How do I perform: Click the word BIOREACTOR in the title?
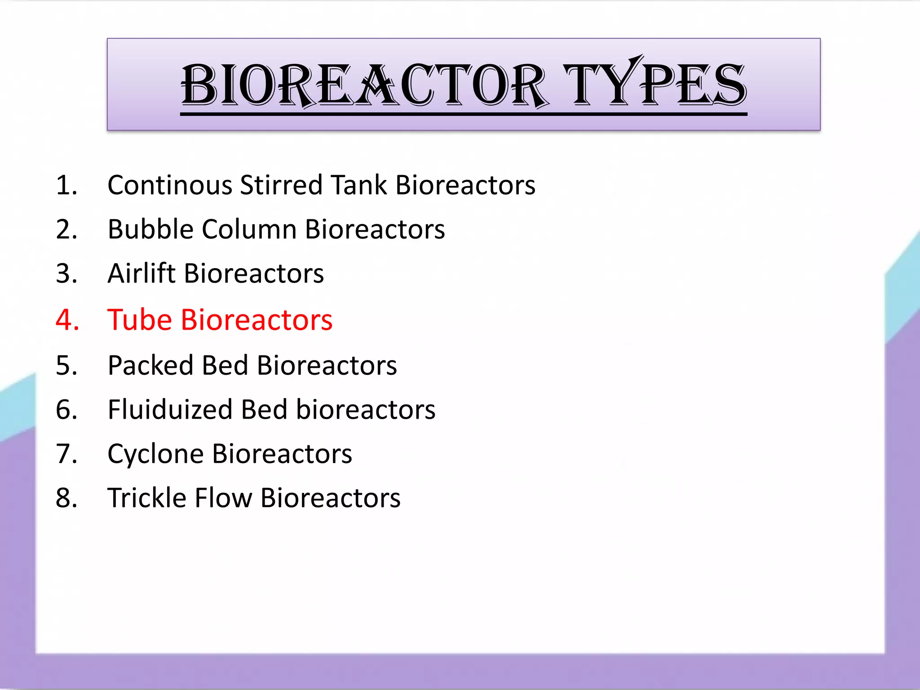point(364,85)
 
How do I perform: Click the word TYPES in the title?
point(655,85)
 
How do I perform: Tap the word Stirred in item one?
point(281,185)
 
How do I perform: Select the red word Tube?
point(140,320)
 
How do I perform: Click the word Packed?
point(150,365)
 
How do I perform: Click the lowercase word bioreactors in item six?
point(366,410)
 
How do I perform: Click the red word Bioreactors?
point(257,320)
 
